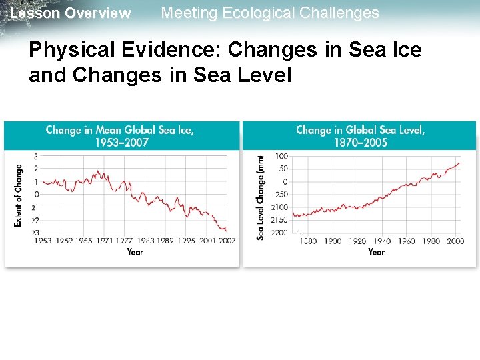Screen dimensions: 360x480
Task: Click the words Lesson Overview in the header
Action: [71, 13]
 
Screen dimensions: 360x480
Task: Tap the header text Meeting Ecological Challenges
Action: [270, 13]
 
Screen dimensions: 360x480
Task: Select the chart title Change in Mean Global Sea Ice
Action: [120, 130]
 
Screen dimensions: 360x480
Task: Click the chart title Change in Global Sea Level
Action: [360, 130]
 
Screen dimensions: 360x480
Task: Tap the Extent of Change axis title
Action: [19, 195]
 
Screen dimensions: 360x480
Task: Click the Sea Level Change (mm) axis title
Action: [261, 197]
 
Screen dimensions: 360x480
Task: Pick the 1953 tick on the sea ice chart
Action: [43, 241]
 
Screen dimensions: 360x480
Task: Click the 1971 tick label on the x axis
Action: [105, 241]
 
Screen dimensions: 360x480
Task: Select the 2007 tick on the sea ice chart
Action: [227, 241]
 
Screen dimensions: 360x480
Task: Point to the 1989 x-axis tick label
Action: [165, 241]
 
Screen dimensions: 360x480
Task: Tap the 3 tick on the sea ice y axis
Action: [37, 156]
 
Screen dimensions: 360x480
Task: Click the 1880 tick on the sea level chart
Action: [308, 241]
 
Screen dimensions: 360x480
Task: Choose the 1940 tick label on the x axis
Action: [382, 241]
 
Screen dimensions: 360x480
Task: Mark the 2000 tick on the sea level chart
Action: [455, 241]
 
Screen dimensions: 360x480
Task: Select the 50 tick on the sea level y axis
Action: [283, 169]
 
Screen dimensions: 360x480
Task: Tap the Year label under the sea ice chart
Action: [135, 252]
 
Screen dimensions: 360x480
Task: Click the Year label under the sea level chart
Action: [376, 252]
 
